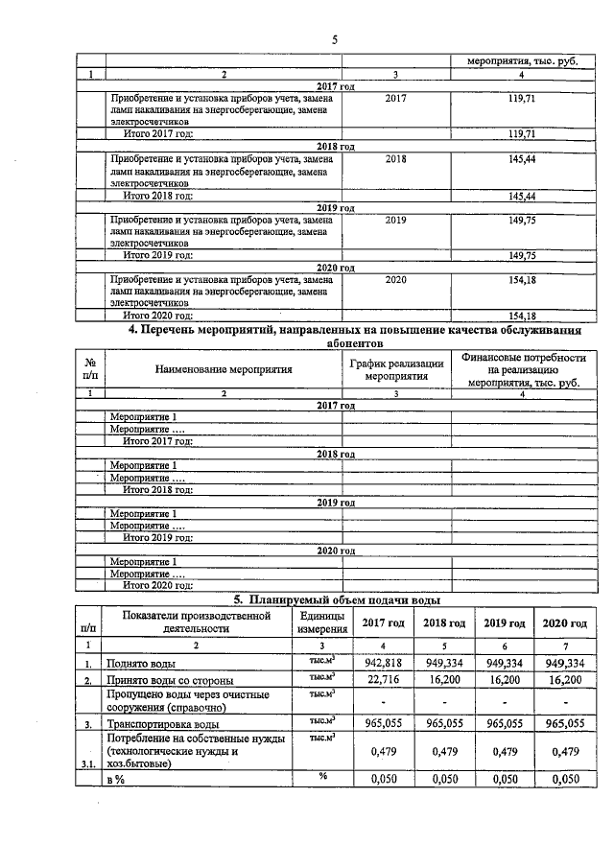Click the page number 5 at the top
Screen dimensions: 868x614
click(335, 39)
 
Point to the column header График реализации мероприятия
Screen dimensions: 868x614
click(396, 369)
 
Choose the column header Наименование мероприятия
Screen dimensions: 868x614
click(223, 368)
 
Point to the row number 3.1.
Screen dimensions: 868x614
click(87, 765)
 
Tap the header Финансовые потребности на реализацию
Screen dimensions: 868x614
click(522, 369)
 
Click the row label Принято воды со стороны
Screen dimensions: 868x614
click(167, 680)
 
